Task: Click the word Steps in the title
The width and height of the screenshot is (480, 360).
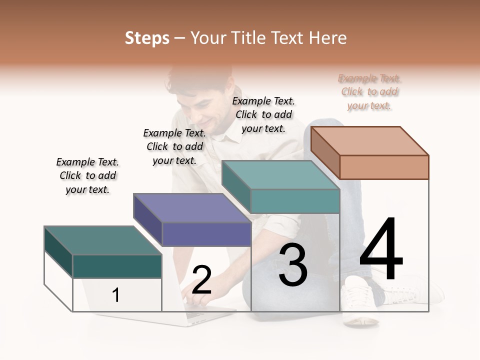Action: tap(147, 38)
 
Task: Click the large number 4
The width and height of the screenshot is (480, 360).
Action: tap(381, 249)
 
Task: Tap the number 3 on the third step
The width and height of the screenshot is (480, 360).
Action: tap(293, 265)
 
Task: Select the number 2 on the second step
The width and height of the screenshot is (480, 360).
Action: tap(201, 280)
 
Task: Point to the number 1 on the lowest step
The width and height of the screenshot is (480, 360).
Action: tap(115, 295)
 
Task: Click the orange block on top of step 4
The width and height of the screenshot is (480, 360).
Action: tap(370, 152)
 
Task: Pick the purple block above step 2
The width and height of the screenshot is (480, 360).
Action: tap(192, 220)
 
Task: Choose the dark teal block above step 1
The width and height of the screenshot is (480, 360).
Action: tap(103, 252)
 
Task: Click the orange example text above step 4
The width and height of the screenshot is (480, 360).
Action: tap(369, 92)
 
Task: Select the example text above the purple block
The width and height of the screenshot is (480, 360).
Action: tap(174, 146)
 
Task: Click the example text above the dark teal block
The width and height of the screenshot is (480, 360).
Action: tap(87, 175)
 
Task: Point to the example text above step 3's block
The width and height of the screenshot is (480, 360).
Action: tap(263, 114)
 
